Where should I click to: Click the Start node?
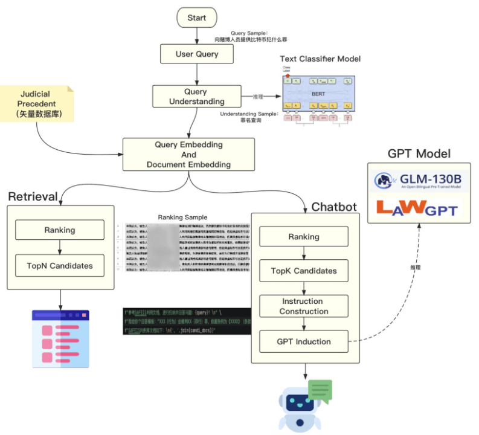pos(196,18)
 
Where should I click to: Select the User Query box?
pos(196,54)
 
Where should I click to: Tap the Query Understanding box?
pos(195,97)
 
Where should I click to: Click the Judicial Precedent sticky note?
pos(37,103)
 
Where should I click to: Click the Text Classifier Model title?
pos(320,59)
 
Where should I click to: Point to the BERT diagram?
pos(318,94)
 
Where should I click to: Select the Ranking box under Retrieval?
pos(60,230)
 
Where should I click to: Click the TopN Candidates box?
pos(60,266)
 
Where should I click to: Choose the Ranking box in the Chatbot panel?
pos(304,237)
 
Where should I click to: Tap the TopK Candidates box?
pos(304,271)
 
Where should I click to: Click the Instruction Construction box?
pos(304,306)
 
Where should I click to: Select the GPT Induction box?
pos(304,341)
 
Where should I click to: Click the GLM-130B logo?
pos(419,180)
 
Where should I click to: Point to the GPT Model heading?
pos(419,153)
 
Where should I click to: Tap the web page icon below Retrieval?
pos(60,339)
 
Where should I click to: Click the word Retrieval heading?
pos(33,196)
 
